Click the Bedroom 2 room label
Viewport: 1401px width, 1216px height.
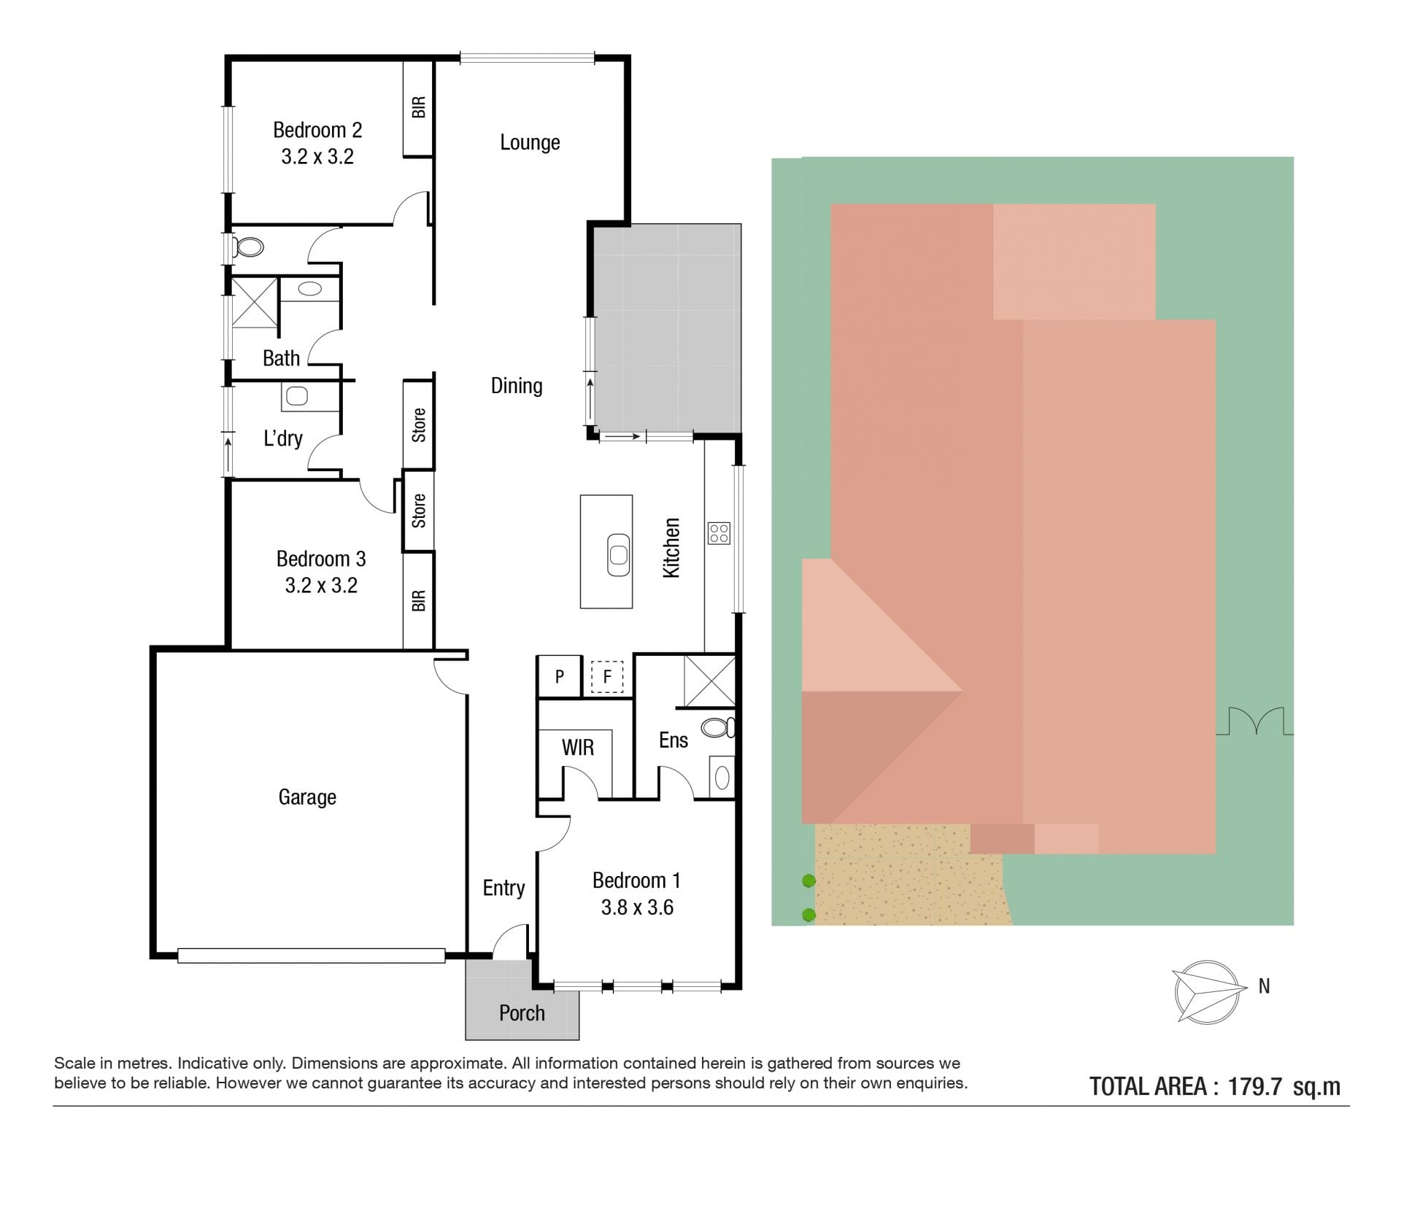coord(317,130)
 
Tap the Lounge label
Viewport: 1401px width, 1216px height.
coord(530,142)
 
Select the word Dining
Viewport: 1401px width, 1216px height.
coord(517,386)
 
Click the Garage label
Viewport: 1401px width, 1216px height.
coord(307,797)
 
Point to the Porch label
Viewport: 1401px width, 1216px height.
coord(522,1013)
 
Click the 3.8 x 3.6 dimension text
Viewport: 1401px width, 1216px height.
coord(637,907)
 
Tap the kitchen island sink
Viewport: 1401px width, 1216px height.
coord(619,554)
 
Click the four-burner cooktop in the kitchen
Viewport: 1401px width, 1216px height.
coord(719,533)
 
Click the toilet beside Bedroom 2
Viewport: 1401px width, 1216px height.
coord(247,247)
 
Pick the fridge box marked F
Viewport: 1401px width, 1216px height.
coord(607,677)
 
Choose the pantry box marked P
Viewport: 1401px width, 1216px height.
coord(559,677)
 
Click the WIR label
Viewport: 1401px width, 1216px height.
coord(578,748)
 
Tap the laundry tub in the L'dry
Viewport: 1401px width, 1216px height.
coord(297,397)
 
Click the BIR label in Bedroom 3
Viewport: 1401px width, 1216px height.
coord(419,601)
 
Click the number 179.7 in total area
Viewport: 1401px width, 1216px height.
coord(1255,1087)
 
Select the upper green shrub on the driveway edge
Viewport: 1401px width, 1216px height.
coord(808,881)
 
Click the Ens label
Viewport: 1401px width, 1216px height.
coord(674,740)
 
